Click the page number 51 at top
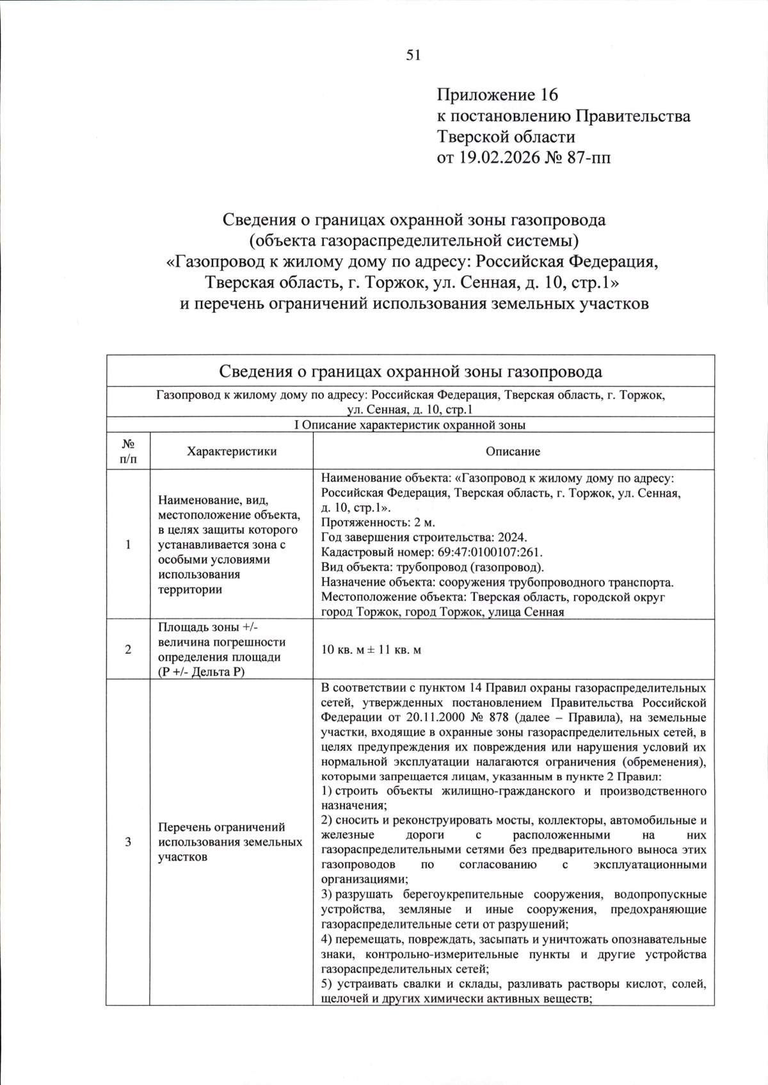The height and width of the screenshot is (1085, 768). click(x=413, y=55)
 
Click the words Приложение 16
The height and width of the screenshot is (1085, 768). click(x=497, y=95)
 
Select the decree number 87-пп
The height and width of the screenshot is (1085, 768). click(x=588, y=157)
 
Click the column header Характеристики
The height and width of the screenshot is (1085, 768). click(x=232, y=452)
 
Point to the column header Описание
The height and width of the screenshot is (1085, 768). click(x=513, y=452)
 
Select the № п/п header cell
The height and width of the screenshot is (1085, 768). click(x=128, y=452)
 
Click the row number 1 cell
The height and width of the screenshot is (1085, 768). click(x=128, y=544)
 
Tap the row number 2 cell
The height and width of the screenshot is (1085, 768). click(x=128, y=649)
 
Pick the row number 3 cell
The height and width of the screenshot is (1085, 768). click(x=128, y=842)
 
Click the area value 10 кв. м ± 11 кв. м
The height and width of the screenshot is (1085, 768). click(x=371, y=650)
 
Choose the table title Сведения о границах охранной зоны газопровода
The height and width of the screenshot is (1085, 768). click(x=410, y=372)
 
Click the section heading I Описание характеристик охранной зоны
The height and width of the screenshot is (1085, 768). click(x=410, y=425)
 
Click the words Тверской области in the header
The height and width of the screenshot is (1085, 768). click(x=506, y=136)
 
